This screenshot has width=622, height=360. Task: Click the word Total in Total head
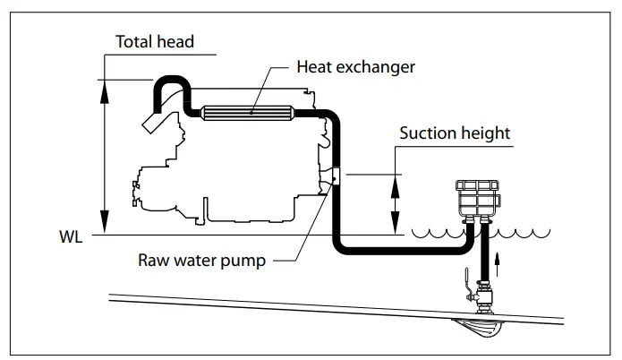coord(134,42)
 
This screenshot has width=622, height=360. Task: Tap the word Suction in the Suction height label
coord(428,133)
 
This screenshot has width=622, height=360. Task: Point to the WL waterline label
coord(71,239)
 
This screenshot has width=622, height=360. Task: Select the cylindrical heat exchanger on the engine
coord(250,112)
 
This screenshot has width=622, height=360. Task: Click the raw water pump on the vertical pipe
coord(334,177)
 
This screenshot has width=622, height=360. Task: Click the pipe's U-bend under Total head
coord(170,81)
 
